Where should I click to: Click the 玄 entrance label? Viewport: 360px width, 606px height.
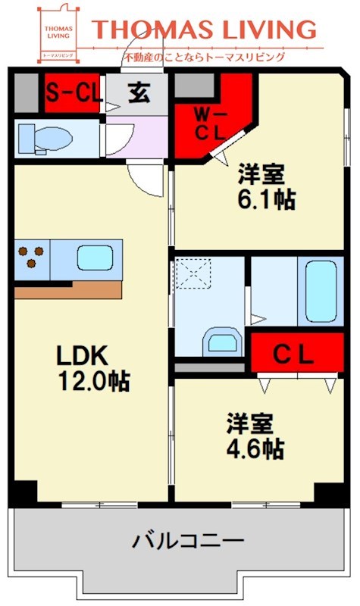click(139, 93)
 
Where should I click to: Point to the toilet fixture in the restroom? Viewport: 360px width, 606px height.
click(45, 138)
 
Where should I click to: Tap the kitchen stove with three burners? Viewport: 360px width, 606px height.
click(31, 258)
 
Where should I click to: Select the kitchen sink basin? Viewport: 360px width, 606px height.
click(95, 259)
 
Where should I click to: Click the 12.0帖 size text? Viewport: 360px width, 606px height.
click(94, 381)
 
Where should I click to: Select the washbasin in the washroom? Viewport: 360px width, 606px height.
click(221, 341)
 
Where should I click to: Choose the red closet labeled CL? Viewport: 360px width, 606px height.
click(294, 354)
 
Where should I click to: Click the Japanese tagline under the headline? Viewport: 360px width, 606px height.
click(205, 56)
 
